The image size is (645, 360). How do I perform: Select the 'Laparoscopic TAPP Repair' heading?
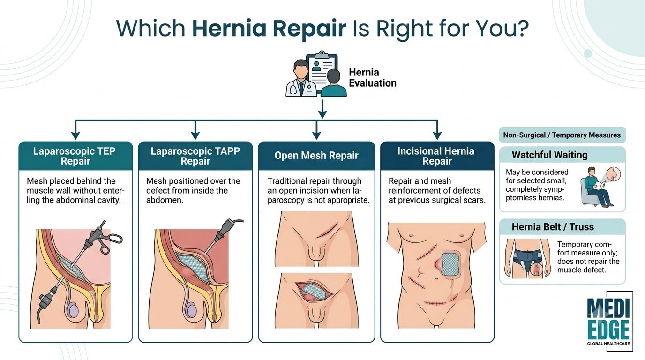(195, 156)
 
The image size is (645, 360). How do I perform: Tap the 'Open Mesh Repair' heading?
(316, 156)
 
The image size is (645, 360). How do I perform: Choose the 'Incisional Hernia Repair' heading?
(437, 156)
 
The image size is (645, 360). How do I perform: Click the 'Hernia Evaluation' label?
(373, 77)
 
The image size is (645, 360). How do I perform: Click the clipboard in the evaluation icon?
(322, 71)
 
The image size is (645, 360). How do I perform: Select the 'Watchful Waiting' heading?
(549, 155)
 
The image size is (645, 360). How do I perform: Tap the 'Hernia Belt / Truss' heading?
(553, 227)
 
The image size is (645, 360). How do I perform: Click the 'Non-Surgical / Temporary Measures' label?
(562, 135)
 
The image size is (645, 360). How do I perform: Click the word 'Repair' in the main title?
(309, 29)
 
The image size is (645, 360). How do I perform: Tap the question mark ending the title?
(522, 28)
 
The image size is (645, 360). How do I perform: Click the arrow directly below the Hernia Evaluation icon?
(322, 109)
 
